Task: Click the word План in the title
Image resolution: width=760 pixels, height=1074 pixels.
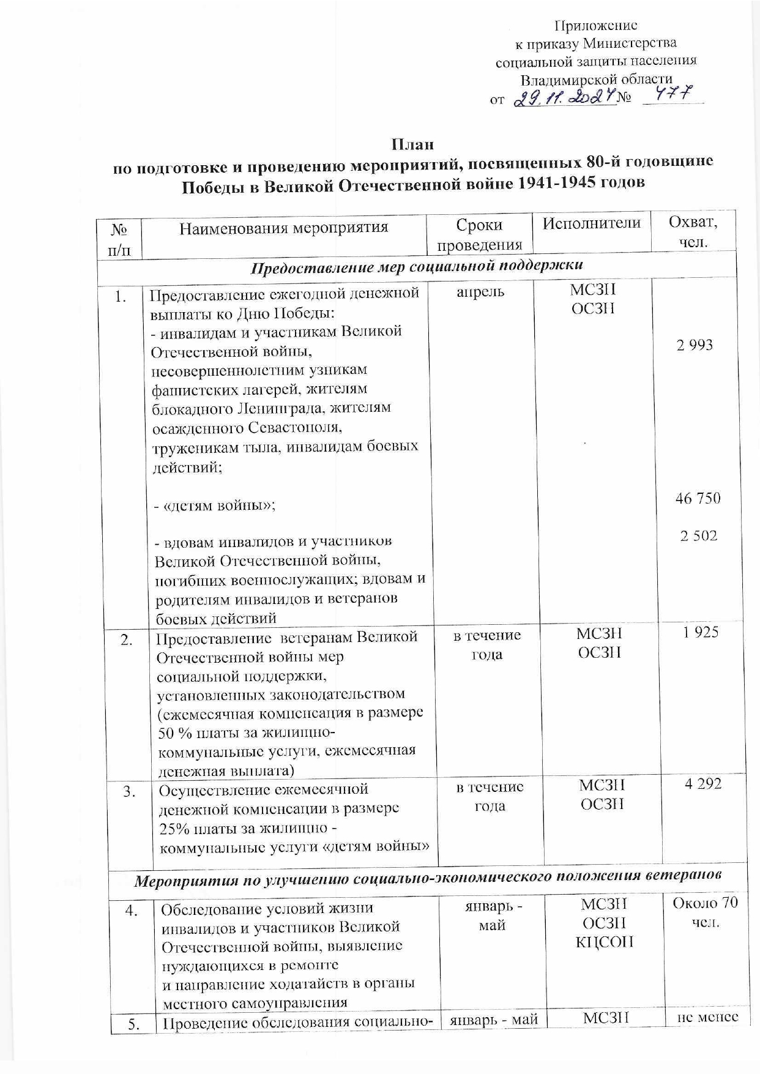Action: [413, 145]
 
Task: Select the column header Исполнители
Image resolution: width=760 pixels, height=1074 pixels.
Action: [592, 223]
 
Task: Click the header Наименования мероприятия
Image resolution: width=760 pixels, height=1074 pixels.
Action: [284, 228]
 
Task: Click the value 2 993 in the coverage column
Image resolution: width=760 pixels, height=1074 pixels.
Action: [695, 345]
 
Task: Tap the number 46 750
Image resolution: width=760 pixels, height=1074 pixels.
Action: [698, 499]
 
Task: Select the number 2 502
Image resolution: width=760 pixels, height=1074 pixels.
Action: [699, 536]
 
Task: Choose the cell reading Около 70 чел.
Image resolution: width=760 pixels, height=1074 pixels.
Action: [705, 912]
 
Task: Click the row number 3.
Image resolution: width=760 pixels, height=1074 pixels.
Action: [129, 792]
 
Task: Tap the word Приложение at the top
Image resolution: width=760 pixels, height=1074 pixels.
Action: [595, 26]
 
